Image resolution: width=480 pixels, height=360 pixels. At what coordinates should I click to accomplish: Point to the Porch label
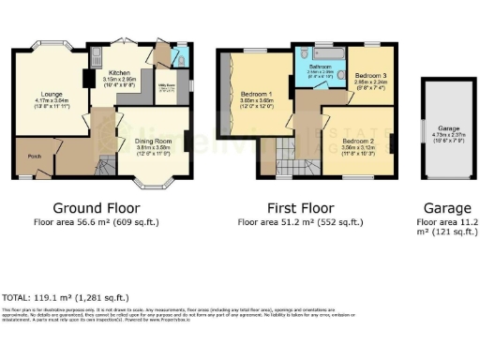tap(34, 157)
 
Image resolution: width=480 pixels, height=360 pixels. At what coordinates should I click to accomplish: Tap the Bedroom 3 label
tap(370, 73)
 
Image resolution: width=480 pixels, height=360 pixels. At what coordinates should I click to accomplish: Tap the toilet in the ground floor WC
tap(179, 57)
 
